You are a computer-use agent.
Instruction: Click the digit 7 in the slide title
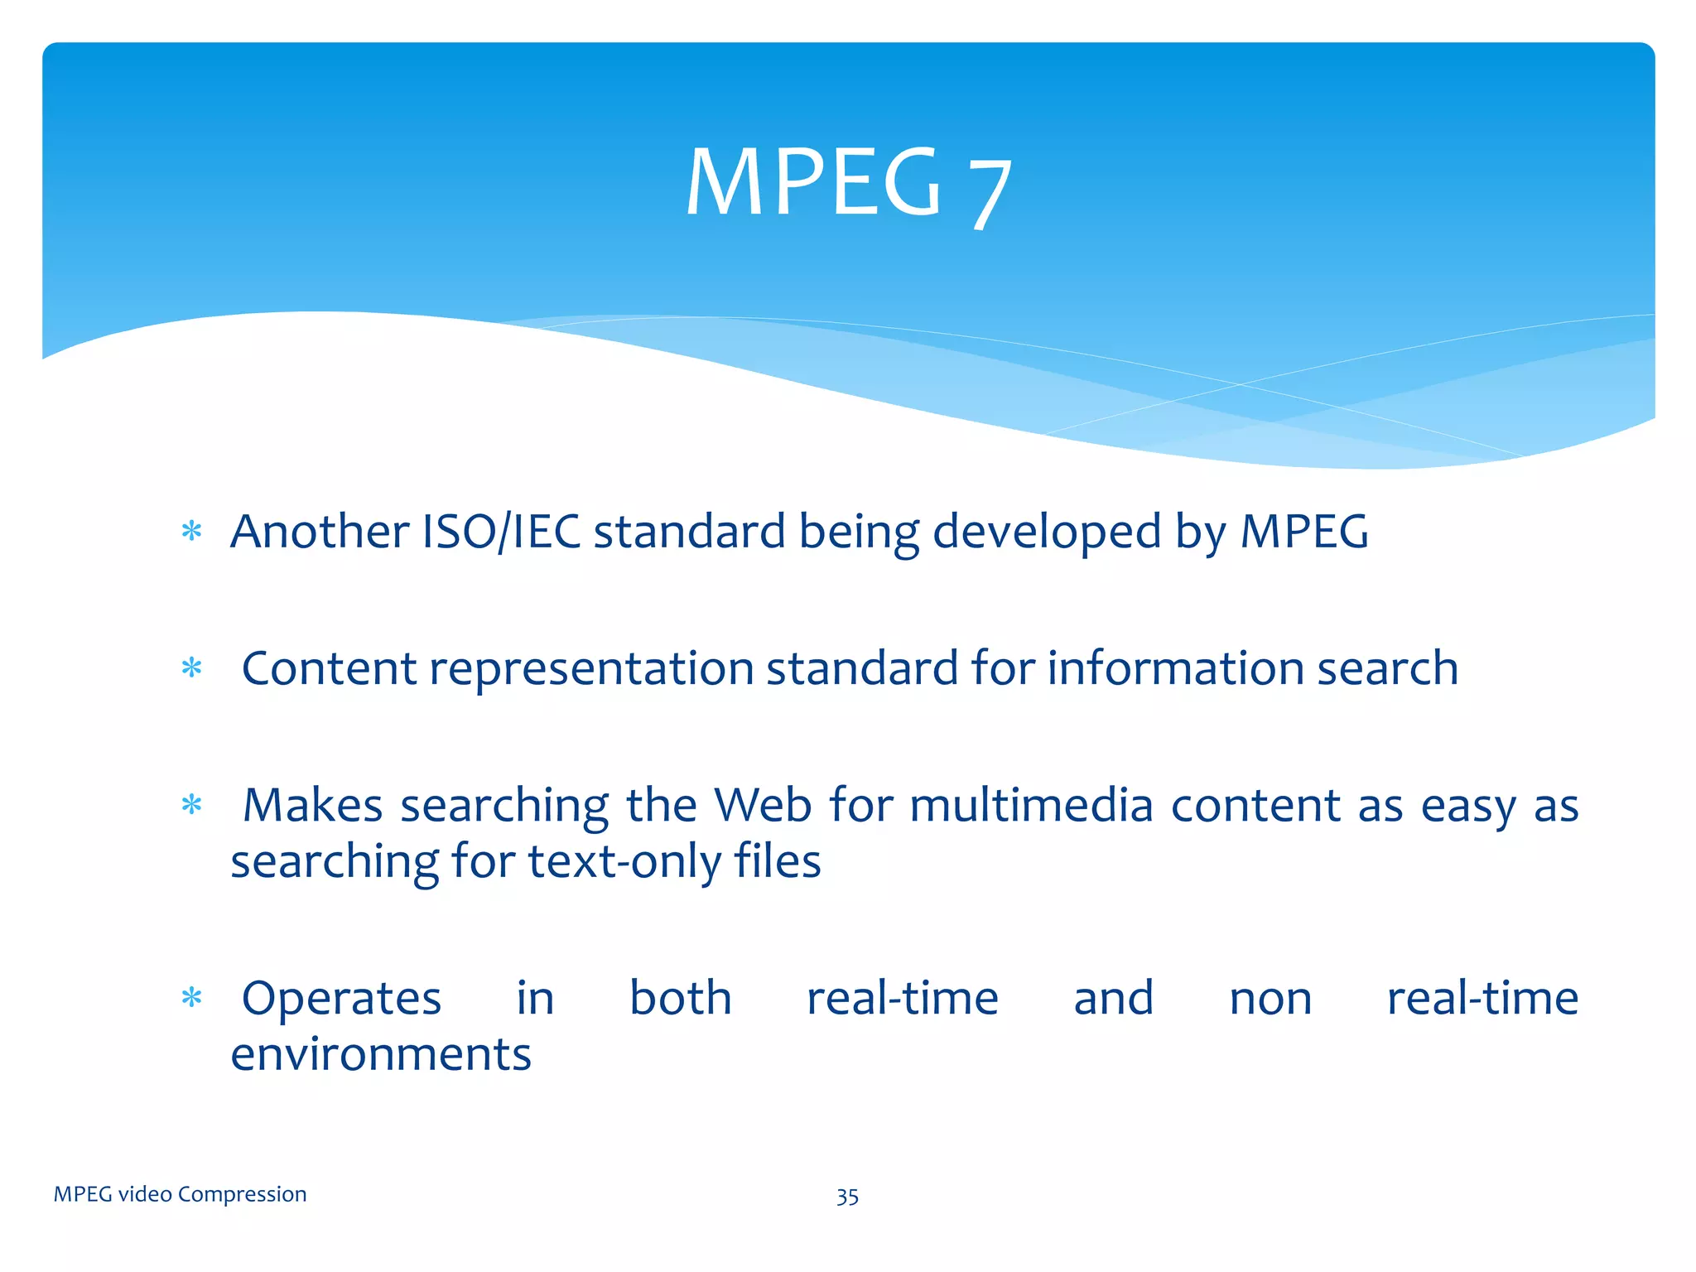pos(990,192)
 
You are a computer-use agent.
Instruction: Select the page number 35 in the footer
pos(847,1197)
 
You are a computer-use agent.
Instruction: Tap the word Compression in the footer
pos(242,1194)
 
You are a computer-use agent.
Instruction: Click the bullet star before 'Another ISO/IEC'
pos(191,531)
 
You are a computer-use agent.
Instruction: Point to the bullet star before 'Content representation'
pos(191,667)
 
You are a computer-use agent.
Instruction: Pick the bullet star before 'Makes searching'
pos(191,804)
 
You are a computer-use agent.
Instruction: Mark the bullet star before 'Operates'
pos(191,998)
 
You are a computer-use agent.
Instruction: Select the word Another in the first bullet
pos(320,531)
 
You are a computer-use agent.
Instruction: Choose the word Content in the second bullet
pos(329,667)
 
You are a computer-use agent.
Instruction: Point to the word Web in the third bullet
pos(763,804)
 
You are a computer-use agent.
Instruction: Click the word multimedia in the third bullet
pos(1031,804)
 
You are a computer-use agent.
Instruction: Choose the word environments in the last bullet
pos(381,1054)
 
